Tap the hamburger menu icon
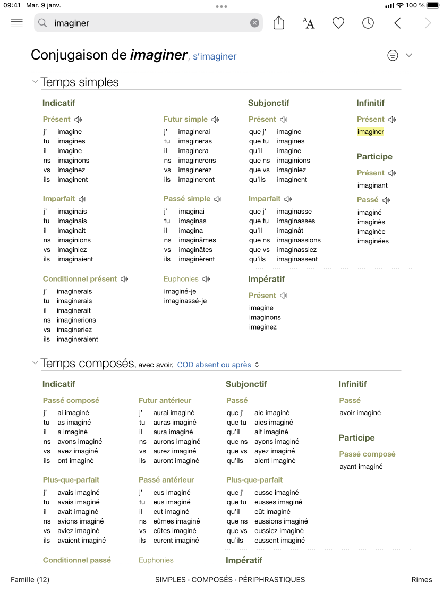[17, 23]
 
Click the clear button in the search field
[254, 23]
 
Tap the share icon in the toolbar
[279, 23]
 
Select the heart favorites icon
[338, 23]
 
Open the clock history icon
[368, 23]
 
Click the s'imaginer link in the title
[215, 56]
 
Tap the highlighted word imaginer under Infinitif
[371, 132]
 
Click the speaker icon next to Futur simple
[215, 120]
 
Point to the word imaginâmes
[197, 240]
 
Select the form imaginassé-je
[185, 301]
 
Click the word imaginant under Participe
[372, 185]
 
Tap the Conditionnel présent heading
[80, 279]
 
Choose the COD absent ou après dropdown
[218, 365]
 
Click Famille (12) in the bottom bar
[30, 579]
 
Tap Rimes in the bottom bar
[422, 579]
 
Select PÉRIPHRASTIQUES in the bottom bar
[271, 579]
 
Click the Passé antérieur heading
[166, 480]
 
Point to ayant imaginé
[361, 467]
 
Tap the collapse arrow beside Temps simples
[35, 82]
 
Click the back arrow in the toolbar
[397, 23]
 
